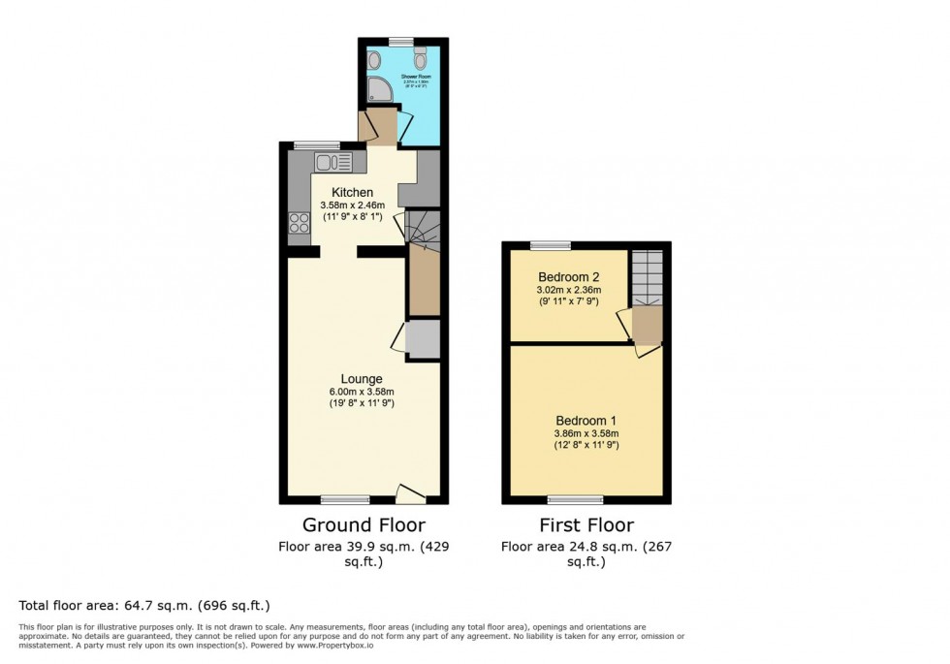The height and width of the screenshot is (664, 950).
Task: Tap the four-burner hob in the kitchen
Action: tap(298, 223)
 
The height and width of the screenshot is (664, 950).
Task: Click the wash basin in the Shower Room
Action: tap(375, 61)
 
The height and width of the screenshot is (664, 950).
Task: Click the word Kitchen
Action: tap(353, 193)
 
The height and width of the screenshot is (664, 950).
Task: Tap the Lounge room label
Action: tap(361, 379)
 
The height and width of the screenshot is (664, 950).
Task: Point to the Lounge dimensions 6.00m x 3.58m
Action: tap(361, 392)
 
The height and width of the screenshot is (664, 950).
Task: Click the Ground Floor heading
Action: tap(364, 525)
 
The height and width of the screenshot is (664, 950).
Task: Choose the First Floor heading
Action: tap(586, 525)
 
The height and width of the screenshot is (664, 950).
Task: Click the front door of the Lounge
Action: tap(411, 495)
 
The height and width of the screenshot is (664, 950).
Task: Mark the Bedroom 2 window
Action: tap(550, 245)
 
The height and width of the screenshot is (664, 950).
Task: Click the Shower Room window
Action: tap(401, 40)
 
